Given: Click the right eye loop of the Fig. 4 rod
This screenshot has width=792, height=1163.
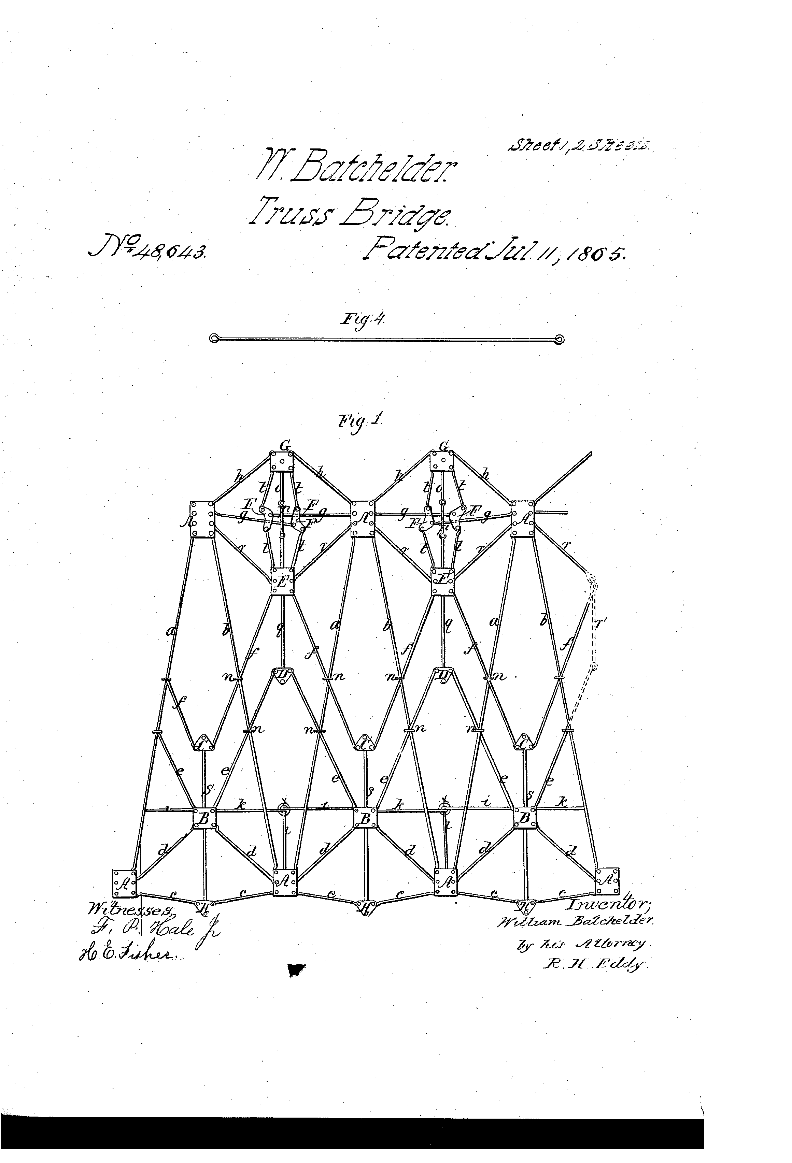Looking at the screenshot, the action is pos(560,339).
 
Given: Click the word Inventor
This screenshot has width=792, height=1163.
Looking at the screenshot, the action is pos(608,904).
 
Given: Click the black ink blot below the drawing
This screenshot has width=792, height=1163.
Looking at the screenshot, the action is pos(296,970).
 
